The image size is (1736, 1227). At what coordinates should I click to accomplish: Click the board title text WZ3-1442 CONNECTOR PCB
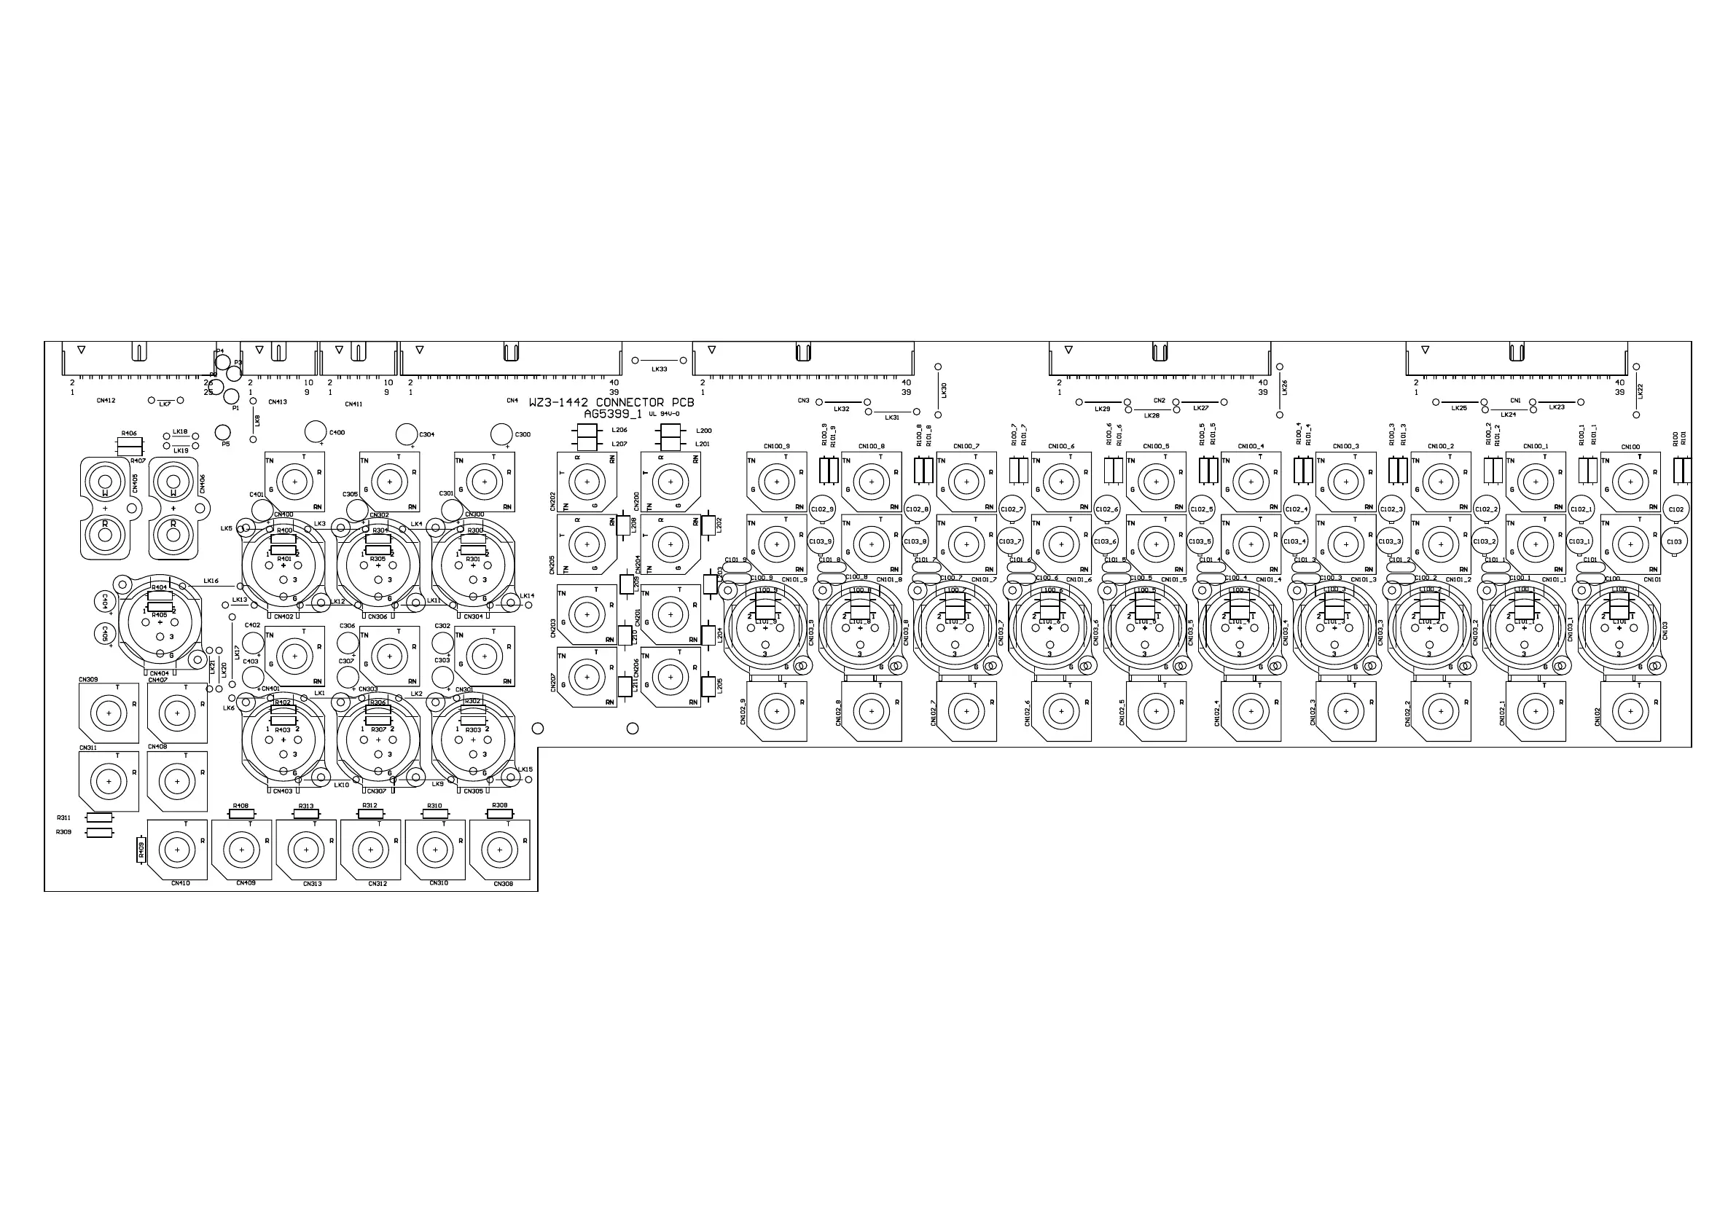(x=611, y=403)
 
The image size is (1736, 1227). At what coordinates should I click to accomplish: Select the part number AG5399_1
(x=612, y=415)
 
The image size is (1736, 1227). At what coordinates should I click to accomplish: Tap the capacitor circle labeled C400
(x=316, y=431)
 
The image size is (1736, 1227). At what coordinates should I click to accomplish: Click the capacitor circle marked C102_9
(x=821, y=509)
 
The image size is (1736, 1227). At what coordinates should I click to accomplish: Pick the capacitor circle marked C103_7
(x=1010, y=541)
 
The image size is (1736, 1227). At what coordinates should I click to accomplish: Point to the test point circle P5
(x=222, y=431)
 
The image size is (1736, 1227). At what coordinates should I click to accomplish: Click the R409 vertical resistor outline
(x=141, y=850)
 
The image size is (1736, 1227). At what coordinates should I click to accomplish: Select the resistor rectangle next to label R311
(x=99, y=818)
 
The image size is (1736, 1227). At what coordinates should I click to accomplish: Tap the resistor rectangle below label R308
(x=499, y=814)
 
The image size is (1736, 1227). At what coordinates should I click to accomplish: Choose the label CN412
(x=106, y=401)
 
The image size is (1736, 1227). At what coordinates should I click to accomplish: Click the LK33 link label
(x=660, y=369)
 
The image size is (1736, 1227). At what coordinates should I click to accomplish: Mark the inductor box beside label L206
(x=586, y=431)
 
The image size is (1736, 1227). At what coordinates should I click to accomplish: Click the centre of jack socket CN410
(x=178, y=850)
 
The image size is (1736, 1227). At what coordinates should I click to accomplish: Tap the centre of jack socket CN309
(x=109, y=712)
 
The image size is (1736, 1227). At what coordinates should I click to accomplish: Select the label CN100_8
(x=871, y=447)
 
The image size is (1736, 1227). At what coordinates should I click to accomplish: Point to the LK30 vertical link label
(x=944, y=390)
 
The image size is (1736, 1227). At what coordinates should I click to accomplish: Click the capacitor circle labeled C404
(x=104, y=602)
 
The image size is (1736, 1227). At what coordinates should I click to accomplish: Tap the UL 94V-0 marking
(x=665, y=415)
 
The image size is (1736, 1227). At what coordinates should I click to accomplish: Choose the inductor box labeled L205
(x=708, y=685)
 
